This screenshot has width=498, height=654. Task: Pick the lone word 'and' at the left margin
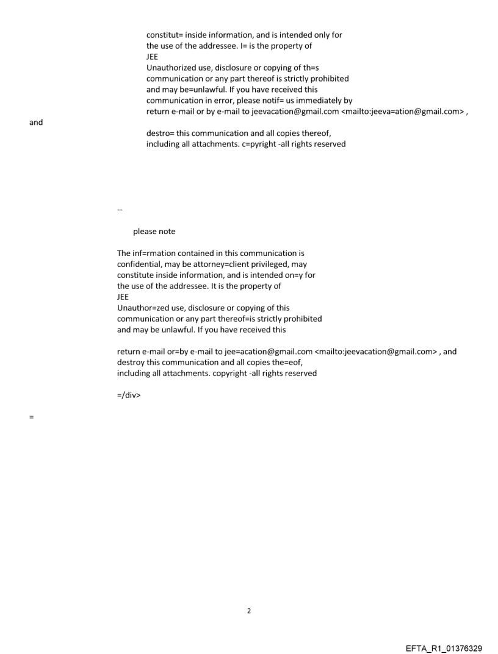(x=36, y=123)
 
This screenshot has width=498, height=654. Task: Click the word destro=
(x=160, y=133)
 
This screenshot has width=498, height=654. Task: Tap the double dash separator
(x=119, y=210)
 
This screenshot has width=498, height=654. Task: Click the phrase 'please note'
(x=154, y=232)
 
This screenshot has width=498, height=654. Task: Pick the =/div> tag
(x=129, y=395)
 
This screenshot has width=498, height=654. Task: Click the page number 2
(x=248, y=611)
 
